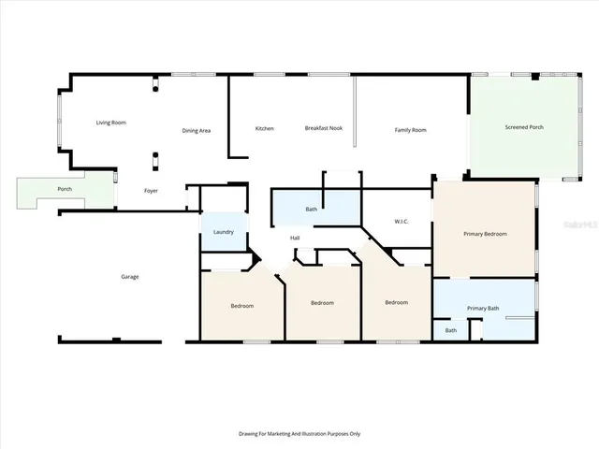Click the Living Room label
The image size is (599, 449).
tap(111, 123)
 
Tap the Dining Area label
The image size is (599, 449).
tap(196, 130)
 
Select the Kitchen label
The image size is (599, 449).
tap(265, 128)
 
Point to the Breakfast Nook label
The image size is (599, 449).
tap(322, 127)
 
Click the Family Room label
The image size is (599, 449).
tap(410, 129)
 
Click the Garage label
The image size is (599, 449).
tap(129, 276)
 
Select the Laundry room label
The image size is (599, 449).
tap(223, 232)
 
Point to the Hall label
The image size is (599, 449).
tap(295, 238)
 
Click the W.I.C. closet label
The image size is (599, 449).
tap(402, 222)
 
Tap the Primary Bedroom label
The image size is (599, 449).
tap(485, 233)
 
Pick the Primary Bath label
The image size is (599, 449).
tap(483, 308)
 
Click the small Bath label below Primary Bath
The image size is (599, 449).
tap(451, 330)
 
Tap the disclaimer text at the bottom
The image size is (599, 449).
tap(299, 433)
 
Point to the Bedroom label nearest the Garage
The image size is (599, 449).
tap(244, 306)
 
